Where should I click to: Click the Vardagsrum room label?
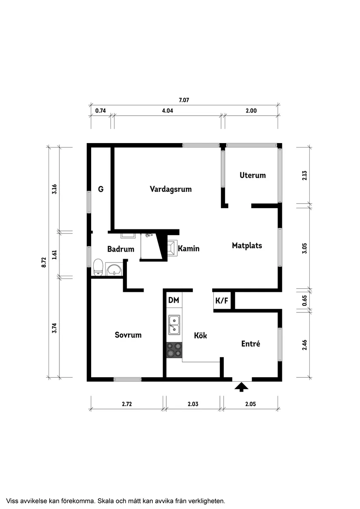pyautogui.click(x=171, y=189)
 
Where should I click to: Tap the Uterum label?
pyautogui.click(x=252, y=175)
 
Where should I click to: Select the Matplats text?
pyautogui.click(x=247, y=246)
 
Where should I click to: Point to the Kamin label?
pyautogui.click(x=189, y=249)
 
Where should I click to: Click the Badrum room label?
pyautogui.click(x=120, y=249)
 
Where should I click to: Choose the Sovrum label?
pyautogui.click(x=128, y=335)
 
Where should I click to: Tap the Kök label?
pyautogui.click(x=200, y=335)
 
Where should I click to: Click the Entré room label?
pyautogui.click(x=250, y=344)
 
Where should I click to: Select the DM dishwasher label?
pyautogui.click(x=173, y=300)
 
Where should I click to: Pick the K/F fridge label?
pyautogui.click(x=222, y=301)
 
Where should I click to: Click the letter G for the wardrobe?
pyautogui.click(x=100, y=189)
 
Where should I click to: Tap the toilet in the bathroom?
pyautogui.click(x=98, y=267)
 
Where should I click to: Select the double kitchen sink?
pyautogui.click(x=175, y=325)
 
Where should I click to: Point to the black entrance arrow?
pyautogui.click(x=241, y=386)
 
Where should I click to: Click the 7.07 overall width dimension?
pyautogui.click(x=184, y=100)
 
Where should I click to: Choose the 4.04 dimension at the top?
pyautogui.click(x=168, y=111)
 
